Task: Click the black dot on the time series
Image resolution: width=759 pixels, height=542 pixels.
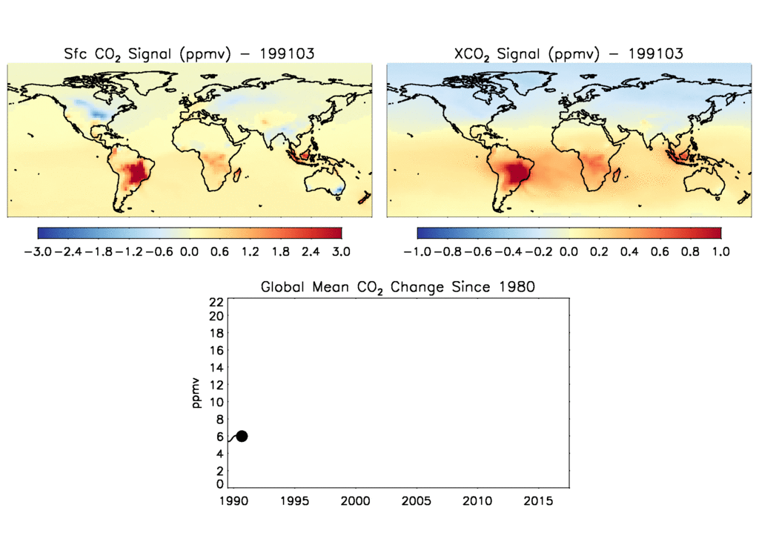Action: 242,436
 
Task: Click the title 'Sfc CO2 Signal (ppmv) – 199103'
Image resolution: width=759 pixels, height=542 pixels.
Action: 189,54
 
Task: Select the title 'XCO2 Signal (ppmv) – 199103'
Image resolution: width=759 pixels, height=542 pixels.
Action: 569,54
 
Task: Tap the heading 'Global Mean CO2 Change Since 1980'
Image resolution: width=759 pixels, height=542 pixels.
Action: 397,287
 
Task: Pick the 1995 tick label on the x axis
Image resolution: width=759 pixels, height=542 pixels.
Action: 294,501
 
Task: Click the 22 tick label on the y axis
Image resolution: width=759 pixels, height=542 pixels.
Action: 216,302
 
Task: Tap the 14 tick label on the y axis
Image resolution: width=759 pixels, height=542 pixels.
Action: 216,368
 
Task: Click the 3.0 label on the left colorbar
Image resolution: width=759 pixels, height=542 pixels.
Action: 341,252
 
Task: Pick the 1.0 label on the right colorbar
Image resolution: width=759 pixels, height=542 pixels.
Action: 720,252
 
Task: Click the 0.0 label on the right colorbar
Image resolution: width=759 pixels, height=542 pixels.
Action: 569,252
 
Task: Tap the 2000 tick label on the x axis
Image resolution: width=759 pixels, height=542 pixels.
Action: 355,501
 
